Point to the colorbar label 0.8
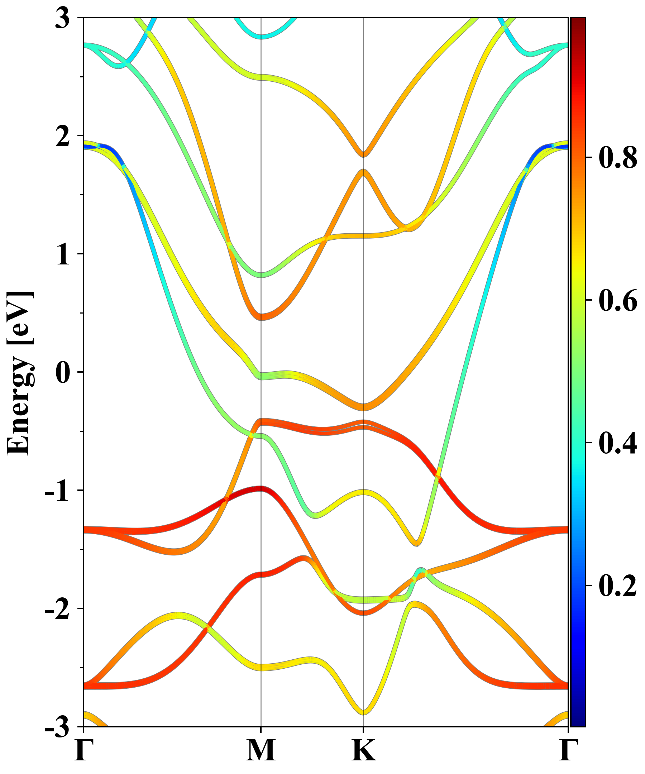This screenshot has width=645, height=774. pos(618,158)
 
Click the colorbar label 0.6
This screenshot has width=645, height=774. pos(618,300)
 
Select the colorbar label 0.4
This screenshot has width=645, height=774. pos(618,443)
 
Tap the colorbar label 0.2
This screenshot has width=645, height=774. pos(618,585)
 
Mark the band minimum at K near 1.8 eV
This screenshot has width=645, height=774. pos(364,154)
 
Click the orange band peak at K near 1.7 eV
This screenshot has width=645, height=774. pos(364,172)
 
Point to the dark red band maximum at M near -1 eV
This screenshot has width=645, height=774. pos(261,489)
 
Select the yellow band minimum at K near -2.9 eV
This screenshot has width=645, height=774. pos(364,712)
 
